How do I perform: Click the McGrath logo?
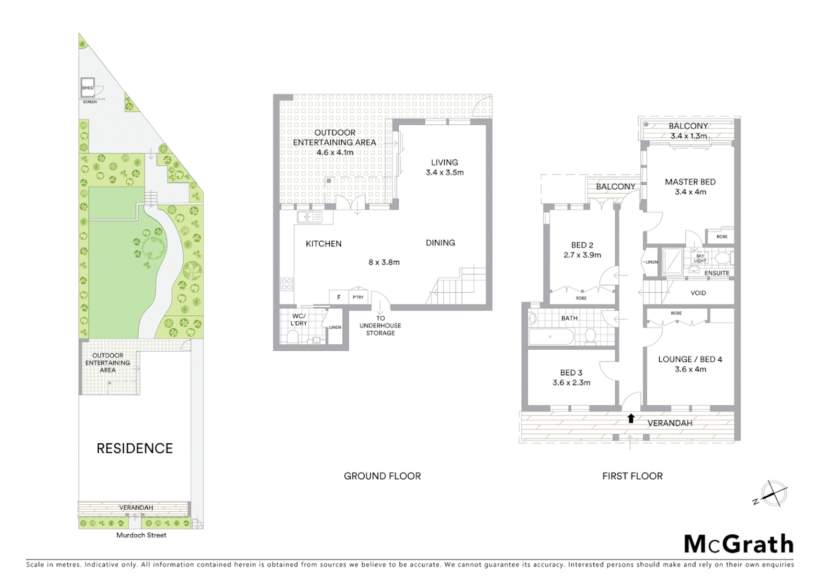tap(738, 544)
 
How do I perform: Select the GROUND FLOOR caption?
tap(382, 476)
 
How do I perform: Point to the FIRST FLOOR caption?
tap(632, 476)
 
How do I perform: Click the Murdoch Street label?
tap(141, 535)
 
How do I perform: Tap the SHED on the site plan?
tap(88, 88)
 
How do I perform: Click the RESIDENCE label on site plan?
tap(134, 448)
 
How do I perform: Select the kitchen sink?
tap(309, 217)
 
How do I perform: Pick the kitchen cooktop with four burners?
tap(287, 284)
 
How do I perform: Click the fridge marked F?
tap(339, 297)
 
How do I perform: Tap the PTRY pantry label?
tap(358, 297)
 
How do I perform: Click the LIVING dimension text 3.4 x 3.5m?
tap(444, 172)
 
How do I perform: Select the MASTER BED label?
tap(690, 182)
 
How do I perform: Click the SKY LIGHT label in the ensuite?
tap(700, 258)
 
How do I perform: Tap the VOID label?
tap(698, 293)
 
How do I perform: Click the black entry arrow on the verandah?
tap(631, 418)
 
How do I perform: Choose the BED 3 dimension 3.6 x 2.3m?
tap(571, 383)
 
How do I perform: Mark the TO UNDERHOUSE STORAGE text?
tap(380, 325)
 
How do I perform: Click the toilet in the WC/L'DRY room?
tap(293, 337)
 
